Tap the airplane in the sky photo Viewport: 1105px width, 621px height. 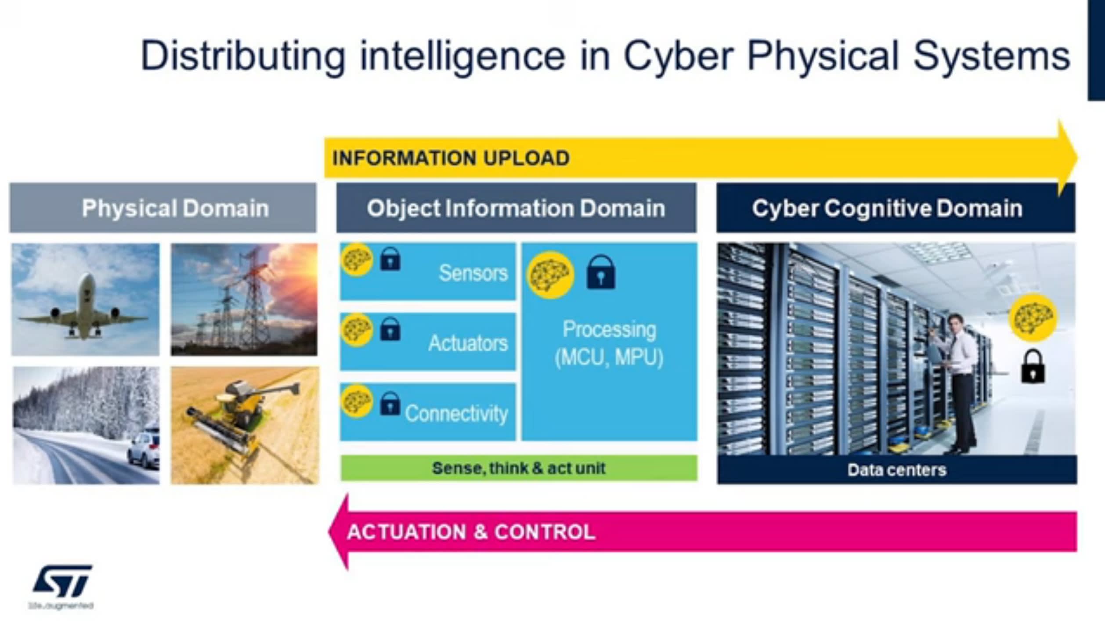coord(86,308)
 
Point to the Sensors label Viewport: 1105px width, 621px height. coord(473,273)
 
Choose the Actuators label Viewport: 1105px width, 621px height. coord(468,343)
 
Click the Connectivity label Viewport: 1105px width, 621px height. coord(456,413)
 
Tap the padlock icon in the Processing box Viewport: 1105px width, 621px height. coord(601,273)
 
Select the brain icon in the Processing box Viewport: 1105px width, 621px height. coord(550,275)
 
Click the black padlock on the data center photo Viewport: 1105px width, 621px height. coord(1033,367)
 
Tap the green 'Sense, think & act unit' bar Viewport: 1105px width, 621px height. coord(519,468)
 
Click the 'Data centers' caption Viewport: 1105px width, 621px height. coord(897,470)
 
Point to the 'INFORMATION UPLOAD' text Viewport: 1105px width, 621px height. coord(451,158)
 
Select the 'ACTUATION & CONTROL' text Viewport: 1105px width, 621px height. coord(471,532)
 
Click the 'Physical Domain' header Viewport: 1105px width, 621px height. coord(175,208)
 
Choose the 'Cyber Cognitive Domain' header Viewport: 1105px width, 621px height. coord(887,208)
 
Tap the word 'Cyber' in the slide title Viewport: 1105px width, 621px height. coord(678,56)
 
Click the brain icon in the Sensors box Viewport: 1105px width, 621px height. coord(356,260)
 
